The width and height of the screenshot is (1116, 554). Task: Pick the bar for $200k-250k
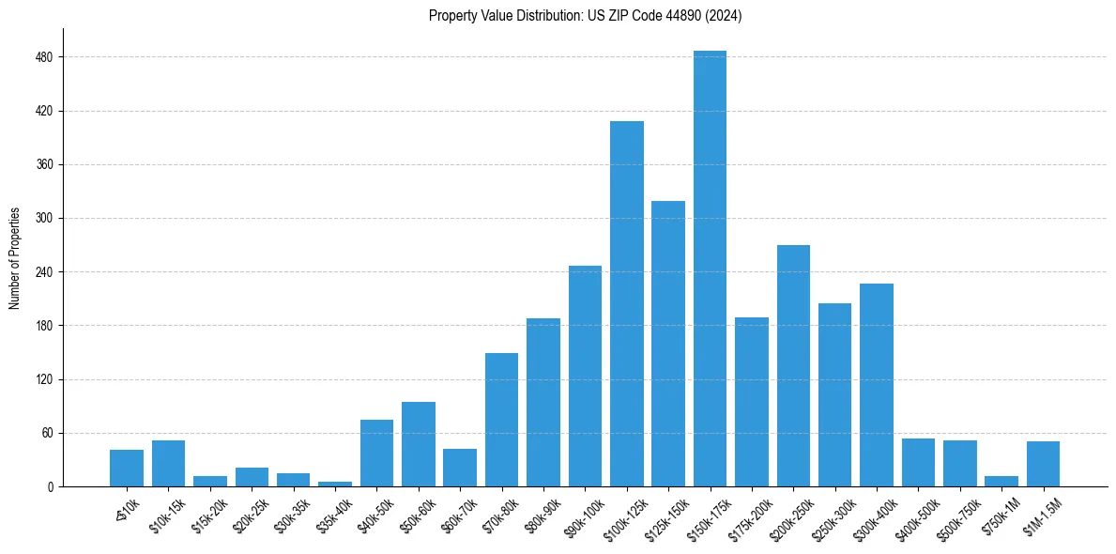(x=793, y=365)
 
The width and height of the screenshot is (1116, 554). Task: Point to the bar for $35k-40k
(x=335, y=484)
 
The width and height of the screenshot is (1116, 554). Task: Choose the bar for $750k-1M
(x=1001, y=481)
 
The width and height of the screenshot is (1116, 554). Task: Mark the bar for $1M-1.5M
(x=1043, y=464)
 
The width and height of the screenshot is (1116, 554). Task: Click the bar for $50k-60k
(x=419, y=444)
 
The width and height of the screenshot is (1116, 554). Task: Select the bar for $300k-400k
(x=877, y=385)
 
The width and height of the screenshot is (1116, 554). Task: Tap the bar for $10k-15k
(x=169, y=463)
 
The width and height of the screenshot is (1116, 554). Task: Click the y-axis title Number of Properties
(x=15, y=258)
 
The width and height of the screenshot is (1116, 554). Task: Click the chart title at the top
(x=585, y=16)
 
